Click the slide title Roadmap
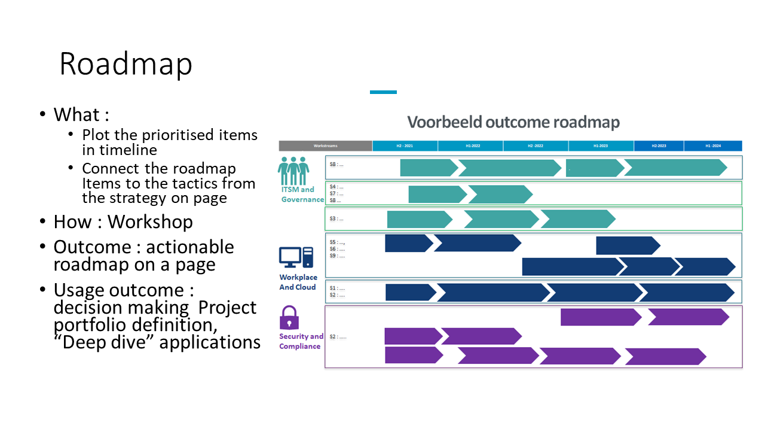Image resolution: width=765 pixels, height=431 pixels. (126, 63)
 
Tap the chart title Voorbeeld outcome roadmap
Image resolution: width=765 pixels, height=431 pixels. (513, 122)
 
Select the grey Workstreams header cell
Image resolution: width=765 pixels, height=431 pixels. (325, 146)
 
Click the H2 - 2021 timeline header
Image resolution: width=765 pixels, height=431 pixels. (405, 146)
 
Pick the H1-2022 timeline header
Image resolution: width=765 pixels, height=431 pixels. (470, 146)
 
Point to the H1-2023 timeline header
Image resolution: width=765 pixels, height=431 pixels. (601, 146)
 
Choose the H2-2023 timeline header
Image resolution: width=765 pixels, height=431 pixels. (659, 146)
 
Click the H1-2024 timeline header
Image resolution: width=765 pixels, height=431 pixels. (713, 146)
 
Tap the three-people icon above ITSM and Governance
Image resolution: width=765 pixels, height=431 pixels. (293, 171)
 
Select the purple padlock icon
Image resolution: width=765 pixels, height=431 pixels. (289, 317)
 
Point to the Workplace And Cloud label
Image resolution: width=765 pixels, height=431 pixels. (298, 283)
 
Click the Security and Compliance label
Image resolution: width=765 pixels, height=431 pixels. (301, 341)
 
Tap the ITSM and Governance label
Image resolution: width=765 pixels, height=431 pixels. (302, 195)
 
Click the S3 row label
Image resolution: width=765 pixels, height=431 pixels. (336, 219)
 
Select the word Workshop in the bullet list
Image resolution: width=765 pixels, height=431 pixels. (150, 222)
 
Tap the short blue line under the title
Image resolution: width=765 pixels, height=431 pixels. (383, 92)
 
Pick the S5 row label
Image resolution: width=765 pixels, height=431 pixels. (337, 242)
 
